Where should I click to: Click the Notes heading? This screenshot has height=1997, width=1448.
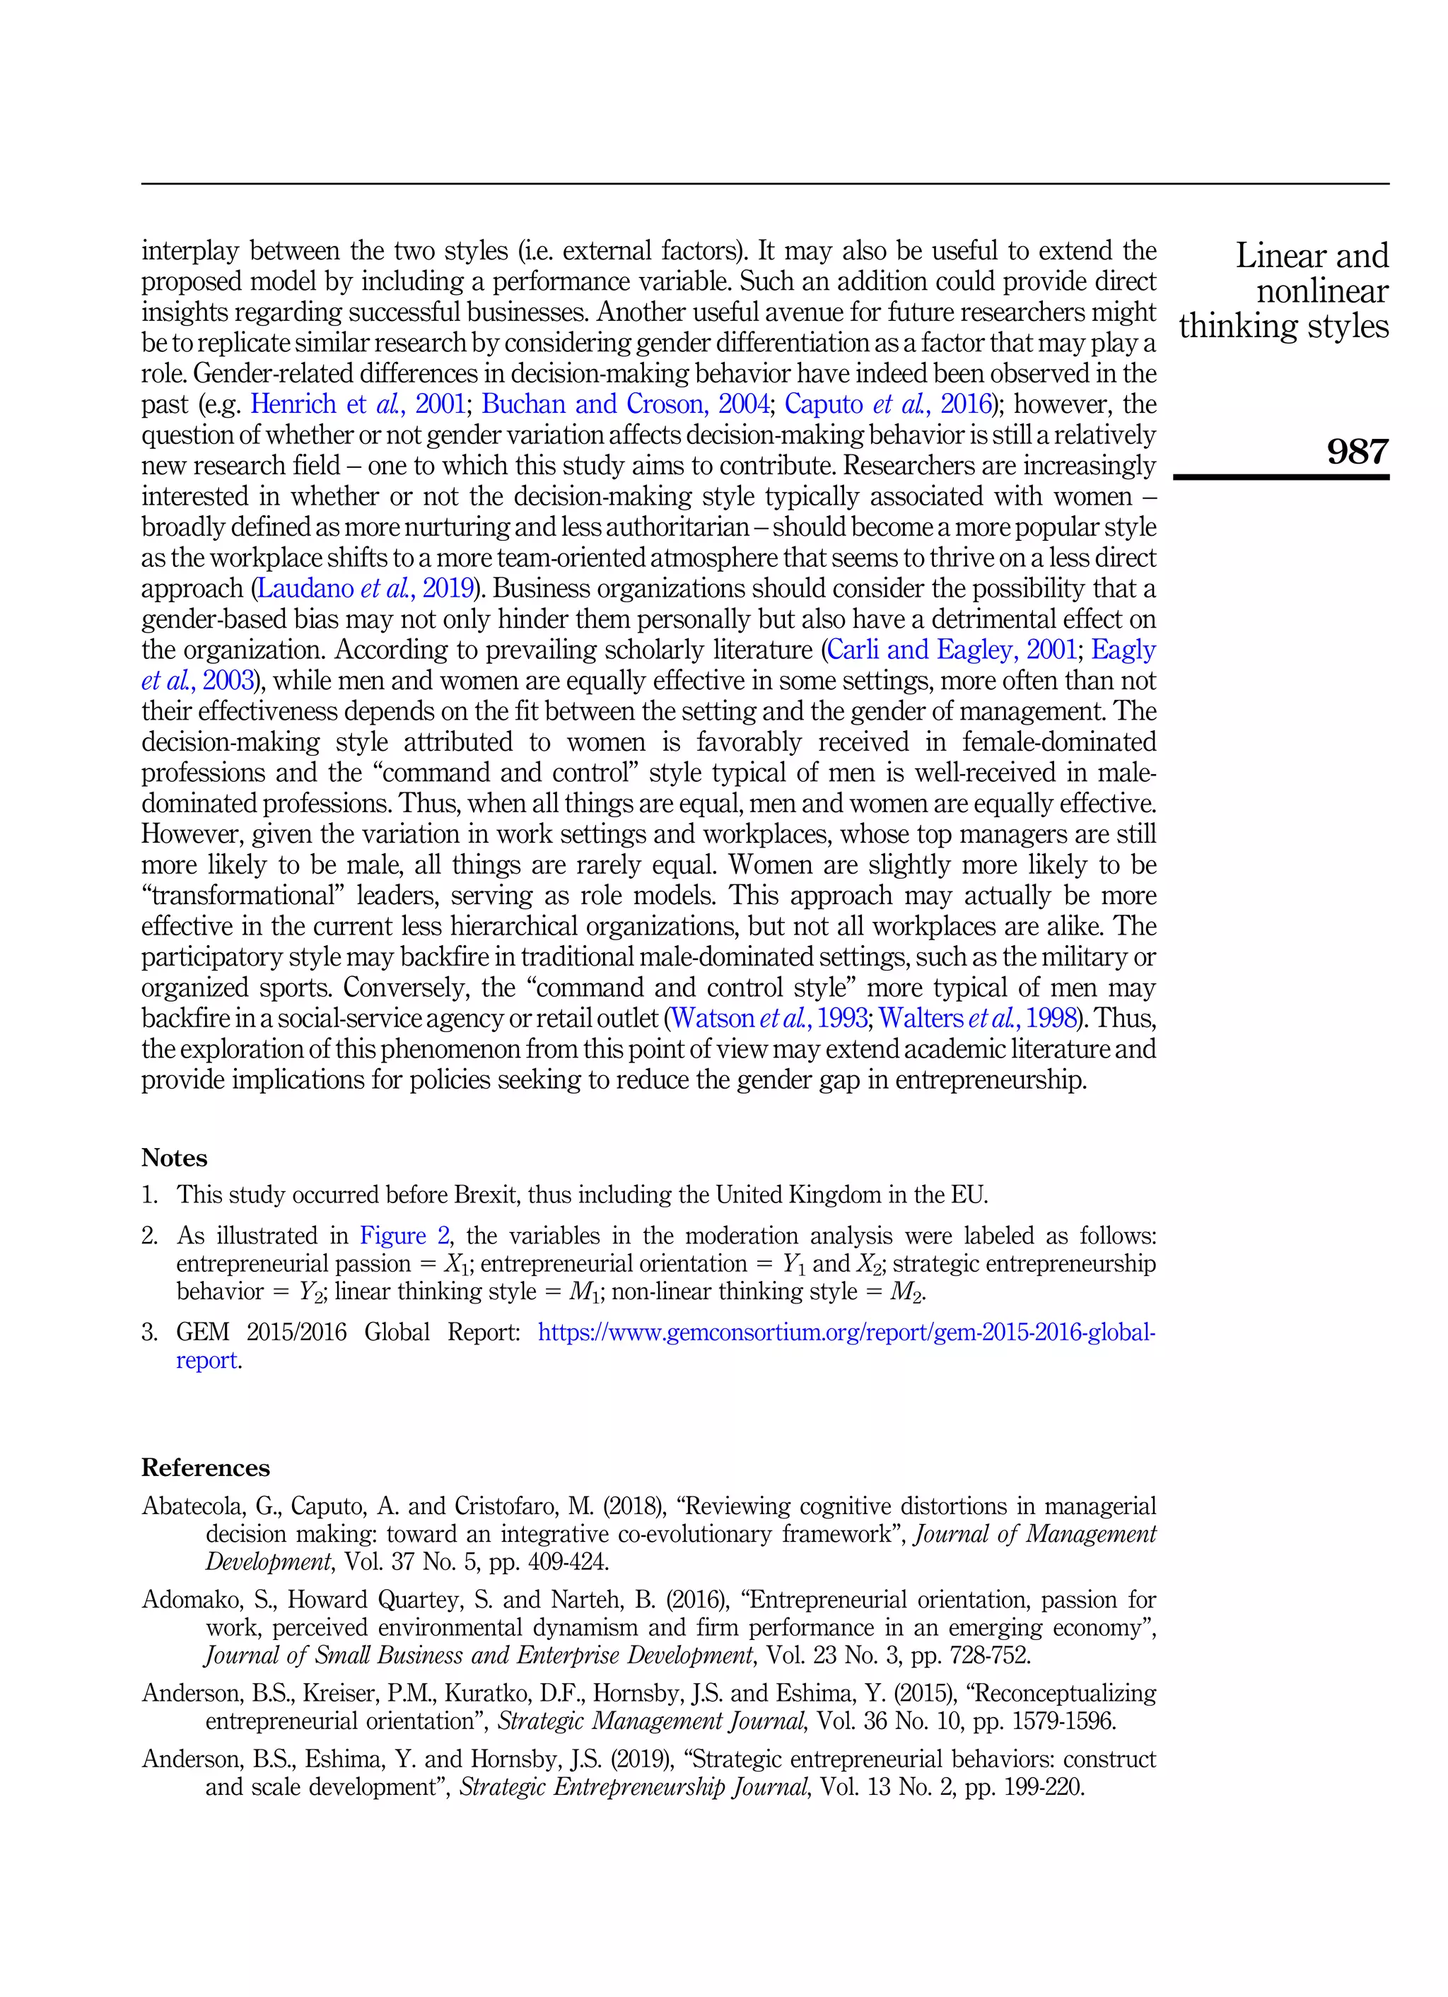pyautogui.click(x=175, y=1158)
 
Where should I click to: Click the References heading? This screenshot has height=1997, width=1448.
pyautogui.click(x=205, y=1468)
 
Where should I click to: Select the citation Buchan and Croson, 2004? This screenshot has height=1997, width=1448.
pyautogui.click(x=624, y=404)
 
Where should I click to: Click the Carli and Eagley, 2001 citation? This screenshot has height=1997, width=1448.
pyautogui.click(x=950, y=650)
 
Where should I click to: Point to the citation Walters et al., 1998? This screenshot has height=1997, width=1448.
pyautogui.click(x=978, y=1018)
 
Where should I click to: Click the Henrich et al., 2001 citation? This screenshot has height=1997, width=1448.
pyautogui.click(x=358, y=404)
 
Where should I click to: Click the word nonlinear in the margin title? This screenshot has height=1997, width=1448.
pyautogui.click(x=1321, y=291)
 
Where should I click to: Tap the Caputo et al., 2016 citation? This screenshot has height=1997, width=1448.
pyautogui.click(x=888, y=404)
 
